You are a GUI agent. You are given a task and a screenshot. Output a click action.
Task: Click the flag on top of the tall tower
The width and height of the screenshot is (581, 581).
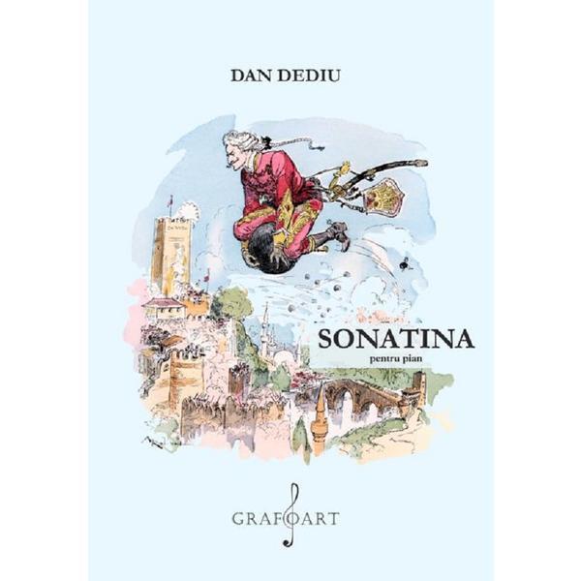[171, 204]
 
